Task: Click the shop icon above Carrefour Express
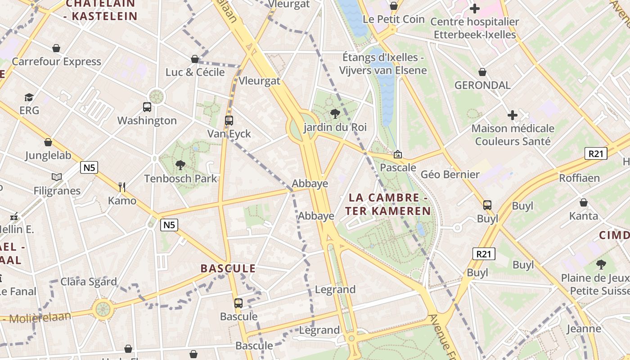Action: click(x=56, y=48)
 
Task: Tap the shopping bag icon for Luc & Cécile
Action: click(x=195, y=59)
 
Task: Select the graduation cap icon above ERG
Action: click(x=29, y=97)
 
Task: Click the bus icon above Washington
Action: click(x=147, y=107)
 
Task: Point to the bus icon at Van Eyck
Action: click(x=229, y=121)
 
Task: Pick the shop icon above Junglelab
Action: click(x=48, y=143)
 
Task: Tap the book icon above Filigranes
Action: click(x=57, y=177)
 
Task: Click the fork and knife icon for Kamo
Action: click(x=121, y=187)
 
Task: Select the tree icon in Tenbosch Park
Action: click(x=180, y=165)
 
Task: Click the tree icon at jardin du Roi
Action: click(x=335, y=114)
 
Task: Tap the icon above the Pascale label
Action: click(x=398, y=155)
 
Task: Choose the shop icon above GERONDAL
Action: click(x=482, y=72)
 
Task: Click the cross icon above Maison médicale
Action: click(x=513, y=115)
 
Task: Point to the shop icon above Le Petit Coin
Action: click(x=394, y=6)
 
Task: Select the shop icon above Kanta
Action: click(x=584, y=202)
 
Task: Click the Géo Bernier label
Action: click(x=450, y=175)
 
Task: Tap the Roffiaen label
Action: click(x=579, y=178)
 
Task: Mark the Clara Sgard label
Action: click(x=89, y=282)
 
